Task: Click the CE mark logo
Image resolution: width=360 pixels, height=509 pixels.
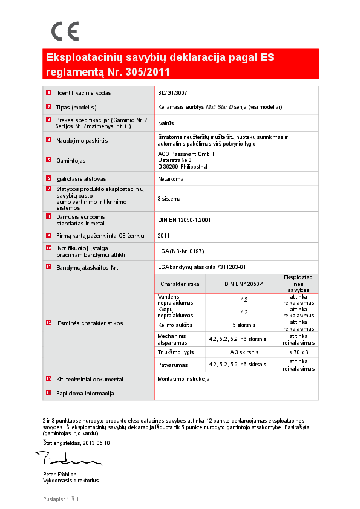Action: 64,31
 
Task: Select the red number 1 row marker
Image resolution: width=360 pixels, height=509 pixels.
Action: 48,93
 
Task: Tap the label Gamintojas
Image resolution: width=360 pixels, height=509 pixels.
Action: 71,160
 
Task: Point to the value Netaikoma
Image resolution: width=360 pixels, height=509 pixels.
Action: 171,179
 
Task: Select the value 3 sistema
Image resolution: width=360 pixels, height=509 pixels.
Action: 169,198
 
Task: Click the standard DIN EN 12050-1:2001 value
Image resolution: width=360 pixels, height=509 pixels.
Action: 185,219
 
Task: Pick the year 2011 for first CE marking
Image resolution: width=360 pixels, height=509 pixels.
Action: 163,235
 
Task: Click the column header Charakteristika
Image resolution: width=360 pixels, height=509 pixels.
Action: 180,284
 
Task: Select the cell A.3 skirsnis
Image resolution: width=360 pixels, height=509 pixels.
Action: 244,351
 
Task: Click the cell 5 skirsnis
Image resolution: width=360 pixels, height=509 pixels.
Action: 244,325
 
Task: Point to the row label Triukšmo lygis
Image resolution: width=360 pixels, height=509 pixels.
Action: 175,351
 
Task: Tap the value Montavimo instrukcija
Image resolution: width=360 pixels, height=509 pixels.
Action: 183,379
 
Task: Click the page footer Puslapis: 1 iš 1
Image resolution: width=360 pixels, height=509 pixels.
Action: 61,499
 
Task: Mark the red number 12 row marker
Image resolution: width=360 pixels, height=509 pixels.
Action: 48,323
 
